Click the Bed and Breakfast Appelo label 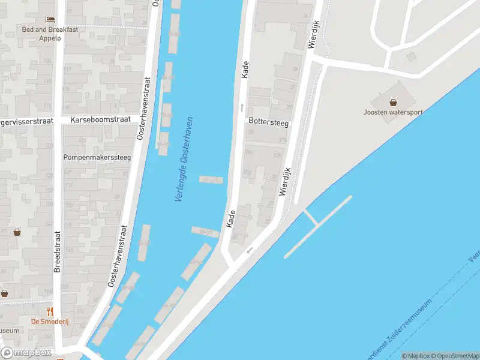tap(41, 34)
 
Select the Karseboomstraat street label tap(100, 120)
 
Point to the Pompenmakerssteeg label tap(97, 157)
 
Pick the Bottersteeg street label tap(268, 122)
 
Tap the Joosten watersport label tap(393, 112)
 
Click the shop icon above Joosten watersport tap(393, 103)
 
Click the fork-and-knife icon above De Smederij tap(50, 311)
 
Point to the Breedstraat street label tap(58, 252)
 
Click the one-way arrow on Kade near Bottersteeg tap(242, 107)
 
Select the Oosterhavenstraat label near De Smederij tap(118, 255)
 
